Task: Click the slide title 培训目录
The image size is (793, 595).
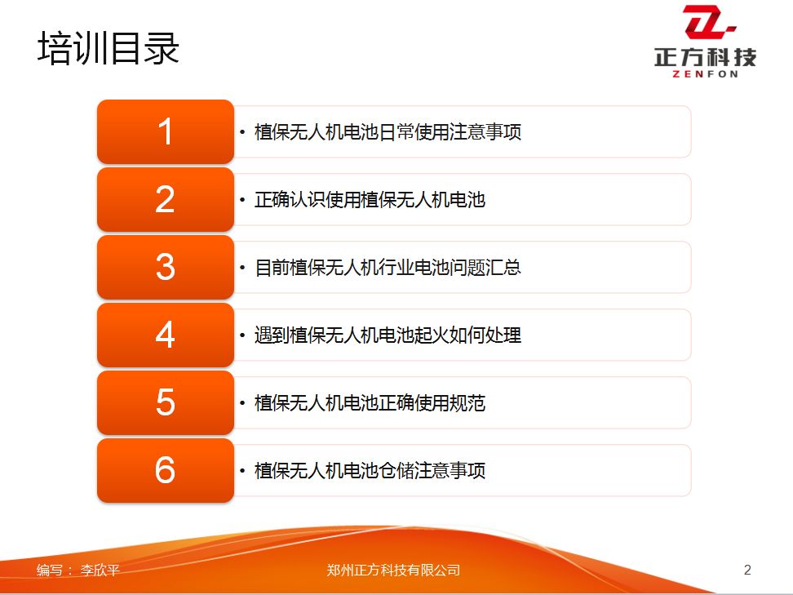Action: [109, 49]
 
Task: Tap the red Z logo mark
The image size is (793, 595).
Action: [708, 22]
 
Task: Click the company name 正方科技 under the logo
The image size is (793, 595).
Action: [706, 57]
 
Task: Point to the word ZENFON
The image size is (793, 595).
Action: [706, 74]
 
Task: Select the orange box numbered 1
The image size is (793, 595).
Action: [166, 131]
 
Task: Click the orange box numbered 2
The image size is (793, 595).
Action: [166, 199]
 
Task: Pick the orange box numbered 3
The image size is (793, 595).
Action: [166, 267]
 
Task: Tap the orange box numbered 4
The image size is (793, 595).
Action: [166, 335]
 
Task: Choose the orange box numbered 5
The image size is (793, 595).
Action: [166, 402]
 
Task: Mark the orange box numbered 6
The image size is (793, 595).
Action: [166, 471]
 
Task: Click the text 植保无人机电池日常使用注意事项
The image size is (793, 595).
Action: [388, 132]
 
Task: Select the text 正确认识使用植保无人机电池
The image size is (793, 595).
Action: [370, 200]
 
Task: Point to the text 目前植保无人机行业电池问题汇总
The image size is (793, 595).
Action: [388, 268]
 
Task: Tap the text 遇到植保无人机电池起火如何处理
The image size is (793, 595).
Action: [388, 335]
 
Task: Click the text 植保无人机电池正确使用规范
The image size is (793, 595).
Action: [370, 403]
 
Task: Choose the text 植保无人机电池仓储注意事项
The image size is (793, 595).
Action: [370, 471]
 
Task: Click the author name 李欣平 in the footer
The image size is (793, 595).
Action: [100, 571]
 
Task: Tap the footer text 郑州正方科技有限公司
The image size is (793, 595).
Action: [393, 571]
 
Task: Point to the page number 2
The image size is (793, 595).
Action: [747, 571]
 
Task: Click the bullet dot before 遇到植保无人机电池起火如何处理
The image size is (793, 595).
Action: [242, 335]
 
